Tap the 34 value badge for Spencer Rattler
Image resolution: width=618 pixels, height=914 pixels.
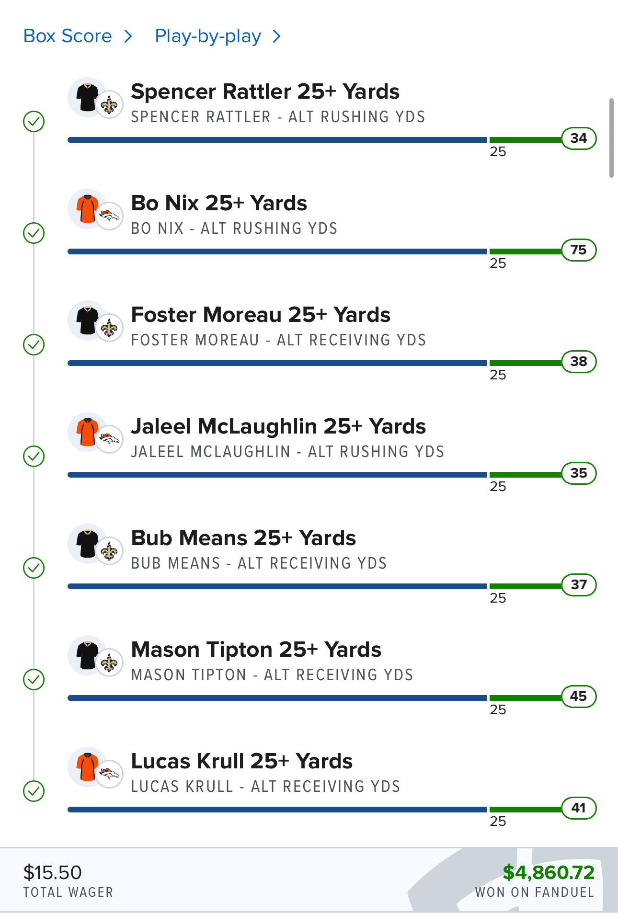(x=579, y=138)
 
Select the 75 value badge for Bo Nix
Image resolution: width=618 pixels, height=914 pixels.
(x=579, y=250)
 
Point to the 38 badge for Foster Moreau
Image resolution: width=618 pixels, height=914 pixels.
(x=579, y=362)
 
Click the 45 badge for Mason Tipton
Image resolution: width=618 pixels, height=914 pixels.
(x=579, y=697)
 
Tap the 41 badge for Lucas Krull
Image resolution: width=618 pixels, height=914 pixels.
(x=579, y=808)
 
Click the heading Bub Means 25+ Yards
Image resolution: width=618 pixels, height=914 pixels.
(x=243, y=538)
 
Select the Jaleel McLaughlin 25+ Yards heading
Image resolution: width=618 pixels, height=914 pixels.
(x=278, y=426)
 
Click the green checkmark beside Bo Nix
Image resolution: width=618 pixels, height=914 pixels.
(x=34, y=233)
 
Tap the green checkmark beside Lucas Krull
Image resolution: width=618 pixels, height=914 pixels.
(x=34, y=791)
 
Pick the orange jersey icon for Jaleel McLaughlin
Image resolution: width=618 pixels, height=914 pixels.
(x=87, y=431)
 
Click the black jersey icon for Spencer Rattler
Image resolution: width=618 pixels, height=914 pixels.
(x=87, y=97)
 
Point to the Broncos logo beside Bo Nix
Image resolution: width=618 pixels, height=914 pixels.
(x=109, y=217)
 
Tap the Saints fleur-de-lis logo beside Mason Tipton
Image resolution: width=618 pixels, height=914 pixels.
(x=109, y=663)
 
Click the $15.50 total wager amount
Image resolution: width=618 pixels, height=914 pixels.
(x=53, y=873)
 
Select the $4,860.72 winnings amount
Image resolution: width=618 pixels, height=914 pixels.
(x=549, y=873)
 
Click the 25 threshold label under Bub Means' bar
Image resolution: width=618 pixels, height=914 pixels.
(x=498, y=598)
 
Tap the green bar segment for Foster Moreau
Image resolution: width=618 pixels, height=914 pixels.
(x=525, y=363)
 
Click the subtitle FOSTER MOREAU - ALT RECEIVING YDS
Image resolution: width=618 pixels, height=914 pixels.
(x=278, y=340)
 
